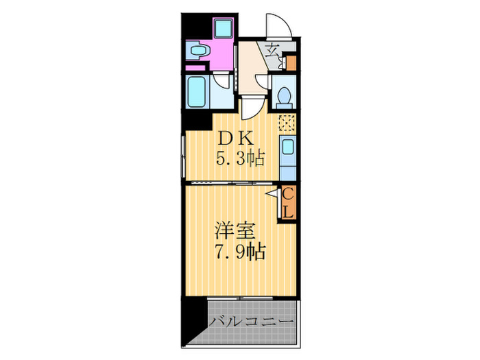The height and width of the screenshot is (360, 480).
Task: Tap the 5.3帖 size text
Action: click(x=241, y=159)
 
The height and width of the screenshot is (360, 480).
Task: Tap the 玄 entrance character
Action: click(x=272, y=49)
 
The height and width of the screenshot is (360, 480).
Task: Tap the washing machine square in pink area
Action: click(x=224, y=29)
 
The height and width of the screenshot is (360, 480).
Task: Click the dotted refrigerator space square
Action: click(x=287, y=124)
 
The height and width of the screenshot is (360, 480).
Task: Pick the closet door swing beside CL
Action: click(x=273, y=196)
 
